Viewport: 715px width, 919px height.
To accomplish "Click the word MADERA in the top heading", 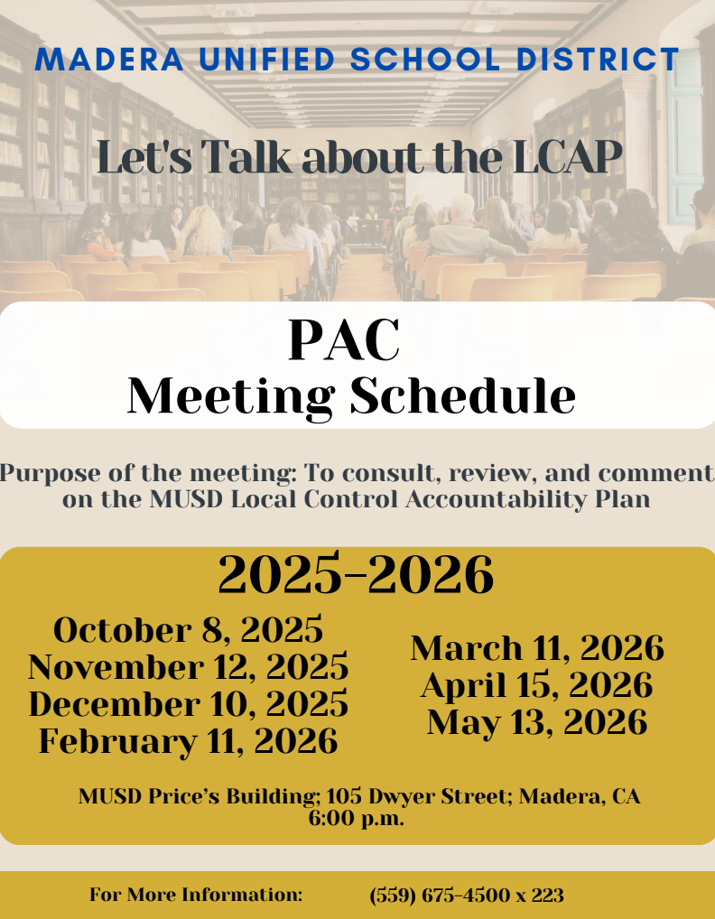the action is [x=109, y=60].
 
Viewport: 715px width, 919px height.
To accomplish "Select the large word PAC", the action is [x=344, y=340].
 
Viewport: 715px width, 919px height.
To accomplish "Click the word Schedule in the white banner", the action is [x=463, y=396].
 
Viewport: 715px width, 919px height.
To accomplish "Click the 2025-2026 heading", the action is [x=356, y=574].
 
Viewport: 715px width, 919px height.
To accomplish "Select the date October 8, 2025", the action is [x=188, y=631].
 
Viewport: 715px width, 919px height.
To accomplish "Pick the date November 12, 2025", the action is [x=188, y=667].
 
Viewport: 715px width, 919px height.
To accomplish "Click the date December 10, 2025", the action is [x=188, y=704].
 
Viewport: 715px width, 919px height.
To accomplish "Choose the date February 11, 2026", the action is [x=188, y=741].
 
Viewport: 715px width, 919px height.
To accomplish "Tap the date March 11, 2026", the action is [x=537, y=648].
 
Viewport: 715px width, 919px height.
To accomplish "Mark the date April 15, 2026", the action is [x=537, y=685].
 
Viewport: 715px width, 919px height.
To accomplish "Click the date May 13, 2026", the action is [x=537, y=722].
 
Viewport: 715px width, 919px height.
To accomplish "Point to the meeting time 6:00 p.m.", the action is [x=357, y=818].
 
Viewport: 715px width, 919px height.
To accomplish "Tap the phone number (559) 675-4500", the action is [x=439, y=895].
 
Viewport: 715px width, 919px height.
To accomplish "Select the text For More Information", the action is [x=196, y=895].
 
